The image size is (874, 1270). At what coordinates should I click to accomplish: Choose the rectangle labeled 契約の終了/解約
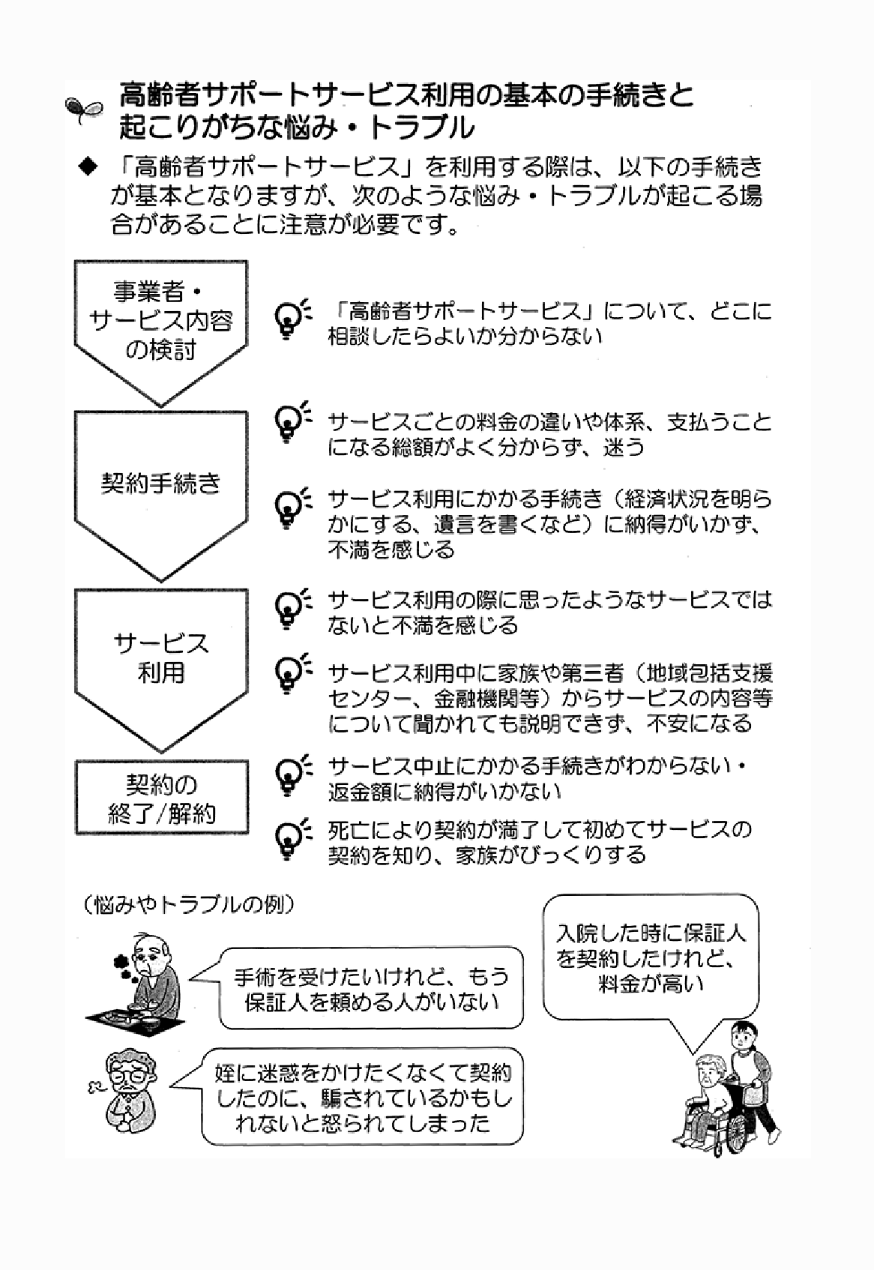coord(160,798)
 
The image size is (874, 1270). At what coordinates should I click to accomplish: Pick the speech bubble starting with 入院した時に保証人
coord(651,957)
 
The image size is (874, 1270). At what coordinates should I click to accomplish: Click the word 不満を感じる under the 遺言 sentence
coord(391,550)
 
